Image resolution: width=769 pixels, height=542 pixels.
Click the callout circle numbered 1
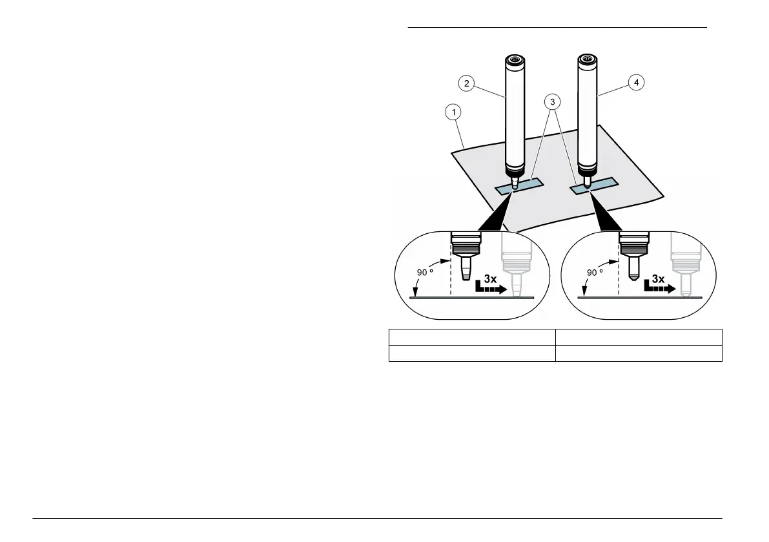[455, 113]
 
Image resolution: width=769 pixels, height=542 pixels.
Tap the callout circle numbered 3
[552, 101]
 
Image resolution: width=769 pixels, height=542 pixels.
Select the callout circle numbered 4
[637, 83]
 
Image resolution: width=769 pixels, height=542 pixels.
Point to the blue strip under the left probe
[529, 186]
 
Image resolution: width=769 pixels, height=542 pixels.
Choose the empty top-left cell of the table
[472, 337]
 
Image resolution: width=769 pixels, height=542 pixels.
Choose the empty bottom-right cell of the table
[639, 353]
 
